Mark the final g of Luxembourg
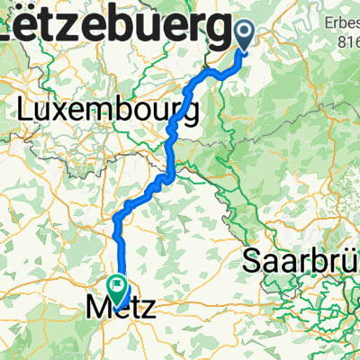coord(191,114)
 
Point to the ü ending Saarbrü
coord(353,263)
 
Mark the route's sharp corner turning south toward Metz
coord(116,218)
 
